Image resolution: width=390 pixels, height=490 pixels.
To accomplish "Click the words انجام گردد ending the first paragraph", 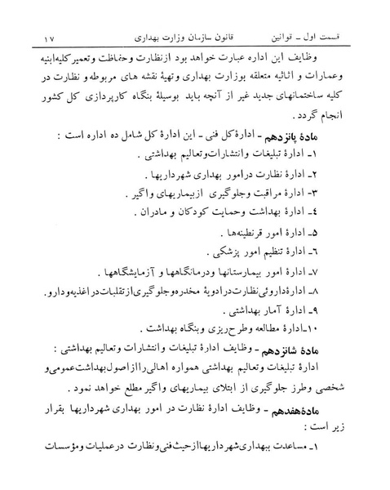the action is [338, 113].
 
